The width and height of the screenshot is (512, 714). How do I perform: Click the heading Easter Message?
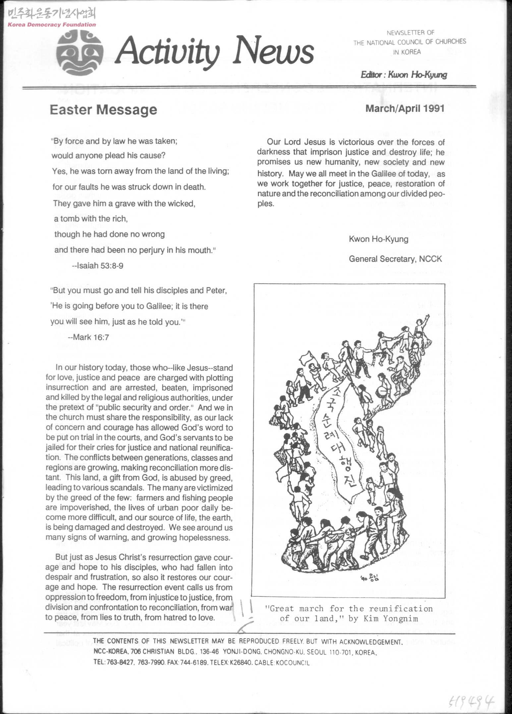click(103, 110)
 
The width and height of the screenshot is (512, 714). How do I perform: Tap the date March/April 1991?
click(405, 108)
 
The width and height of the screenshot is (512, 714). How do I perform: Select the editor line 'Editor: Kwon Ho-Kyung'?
click(404, 75)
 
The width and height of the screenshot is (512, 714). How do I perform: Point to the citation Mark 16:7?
click(88, 337)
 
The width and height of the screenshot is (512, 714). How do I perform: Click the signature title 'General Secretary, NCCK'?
click(395, 259)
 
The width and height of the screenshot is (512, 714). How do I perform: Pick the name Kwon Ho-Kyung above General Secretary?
click(378, 239)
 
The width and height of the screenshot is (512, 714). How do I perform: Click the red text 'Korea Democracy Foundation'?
click(52, 25)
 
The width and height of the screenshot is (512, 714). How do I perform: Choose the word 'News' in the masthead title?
click(274, 51)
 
